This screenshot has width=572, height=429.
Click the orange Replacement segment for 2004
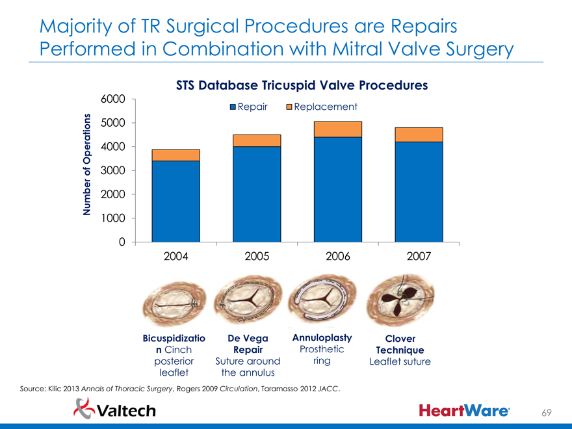175,155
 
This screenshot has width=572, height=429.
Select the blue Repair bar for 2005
257,194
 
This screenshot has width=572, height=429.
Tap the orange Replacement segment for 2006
337,129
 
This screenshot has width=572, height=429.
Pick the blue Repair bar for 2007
419,192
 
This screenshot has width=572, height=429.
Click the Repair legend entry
249,107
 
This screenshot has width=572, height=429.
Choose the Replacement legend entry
321,107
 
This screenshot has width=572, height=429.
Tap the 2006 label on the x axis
337,256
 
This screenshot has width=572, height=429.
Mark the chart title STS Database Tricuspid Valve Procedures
302,85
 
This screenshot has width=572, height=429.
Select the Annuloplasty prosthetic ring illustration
322,301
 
